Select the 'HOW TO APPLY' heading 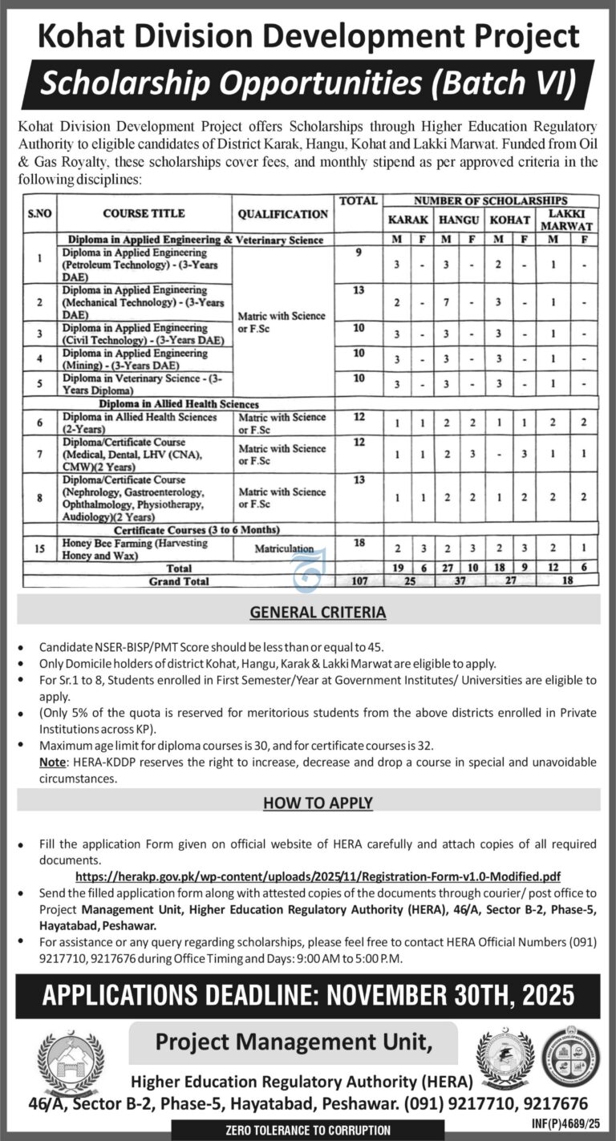tap(318, 802)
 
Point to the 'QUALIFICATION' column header tap(282, 213)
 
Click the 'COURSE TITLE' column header tap(144, 213)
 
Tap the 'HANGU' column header tap(457, 219)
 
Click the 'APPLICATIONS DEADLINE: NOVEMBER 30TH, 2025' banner tap(308, 995)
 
